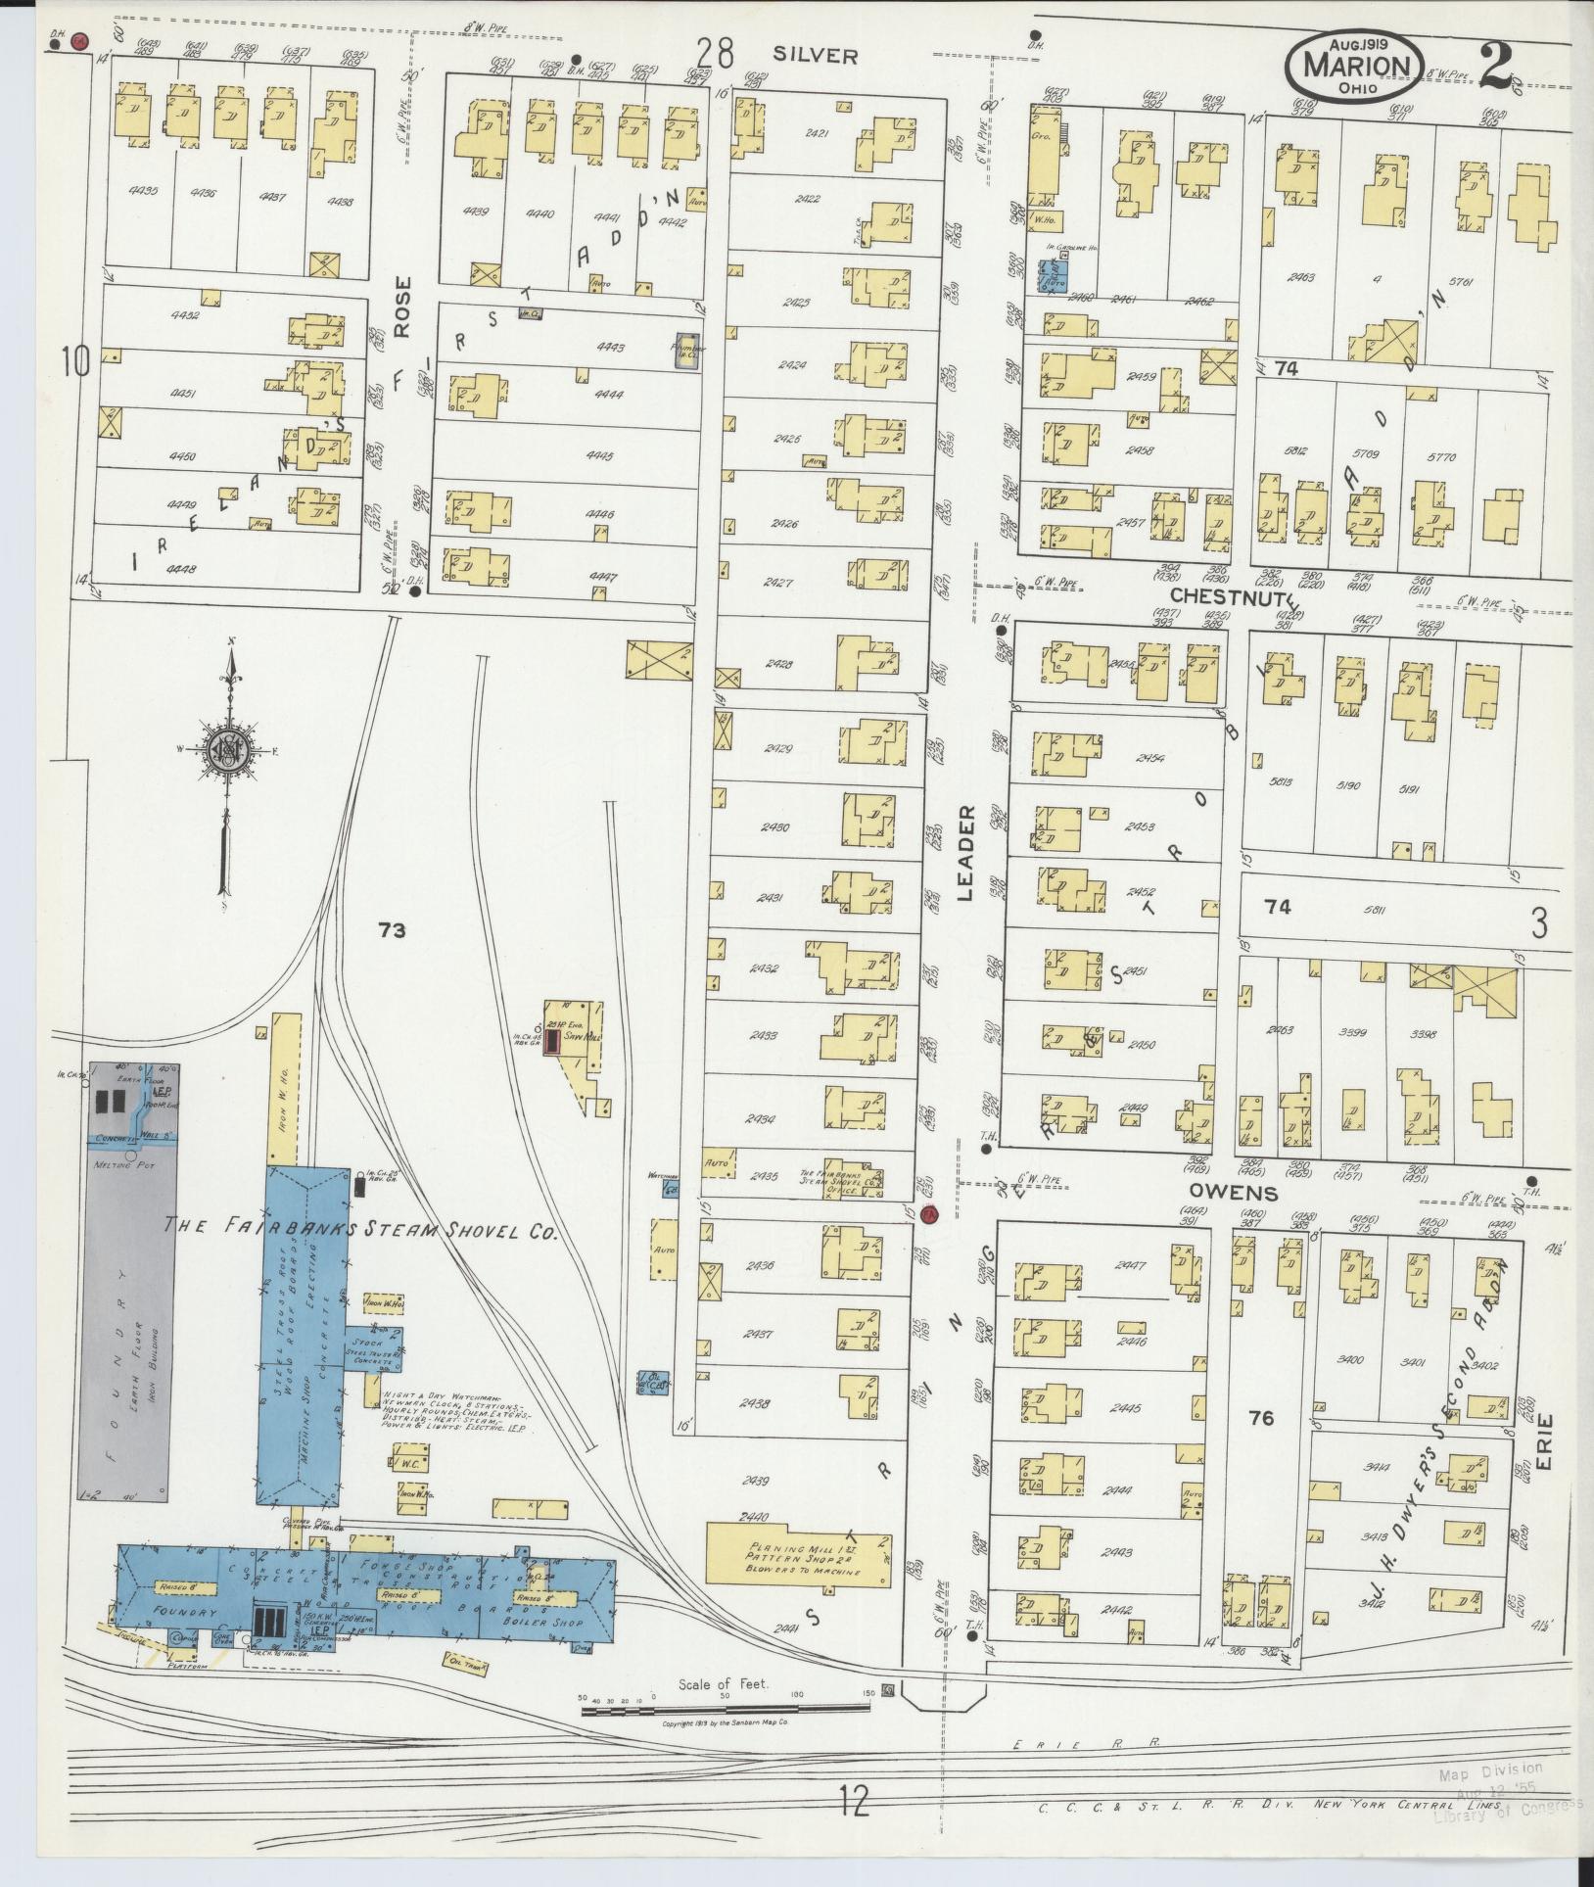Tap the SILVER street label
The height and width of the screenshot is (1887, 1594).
[x=815, y=56]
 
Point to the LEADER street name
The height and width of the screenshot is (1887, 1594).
[x=965, y=852]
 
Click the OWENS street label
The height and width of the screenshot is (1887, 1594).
[x=1234, y=1193]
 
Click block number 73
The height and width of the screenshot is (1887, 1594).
[x=393, y=930]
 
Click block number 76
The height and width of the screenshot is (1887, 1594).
[x=1261, y=1417]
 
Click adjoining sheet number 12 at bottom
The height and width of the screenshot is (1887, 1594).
[x=854, y=1827]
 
